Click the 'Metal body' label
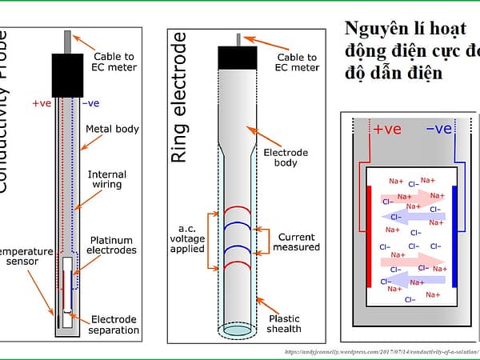pyautogui.click(x=112, y=129)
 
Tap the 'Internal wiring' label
pyautogui.click(x=107, y=180)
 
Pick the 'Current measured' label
pyautogui.click(x=298, y=242)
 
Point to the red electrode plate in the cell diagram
pyautogui.click(x=369, y=236)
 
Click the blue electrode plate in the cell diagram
pyautogui.click(x=454, y=236)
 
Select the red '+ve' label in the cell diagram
pyautogui.click(x=387, y=128)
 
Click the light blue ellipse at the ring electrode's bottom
pyautogui.click(x=241, y=329)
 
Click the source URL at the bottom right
pyautogui.click(x=381, y=350)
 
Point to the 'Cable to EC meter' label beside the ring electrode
pyautogui.click(x=297, y=62)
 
